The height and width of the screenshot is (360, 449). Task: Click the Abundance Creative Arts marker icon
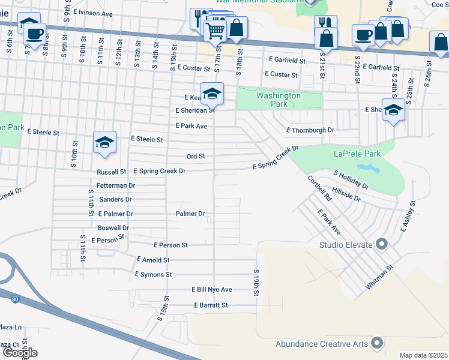pyautogui.click(x=377, y=343)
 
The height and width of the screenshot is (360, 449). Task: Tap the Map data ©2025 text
pyautogui.click(x=423, y=355)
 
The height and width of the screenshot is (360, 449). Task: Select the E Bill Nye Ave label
pyautogui.click(x=212, y=290)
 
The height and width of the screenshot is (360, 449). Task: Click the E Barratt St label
pyautogui.click(x=211, y=305)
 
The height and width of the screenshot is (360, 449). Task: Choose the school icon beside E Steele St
pyautogui.click(x=104, y=143)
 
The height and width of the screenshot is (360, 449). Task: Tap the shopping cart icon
pyautogui.click(x=216, y=28)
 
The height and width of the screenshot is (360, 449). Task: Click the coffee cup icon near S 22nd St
pyautogui.click(x=363, y=35)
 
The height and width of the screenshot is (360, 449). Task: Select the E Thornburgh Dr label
pyautogui.click(x=310, y=130)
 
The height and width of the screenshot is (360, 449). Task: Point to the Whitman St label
pyautogui.click(x=379, y=278)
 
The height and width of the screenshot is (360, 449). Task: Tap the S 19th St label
pyautogui.click(x=256, y=281)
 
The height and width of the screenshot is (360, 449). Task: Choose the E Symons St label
pyautogui.click(x=153, y=274)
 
